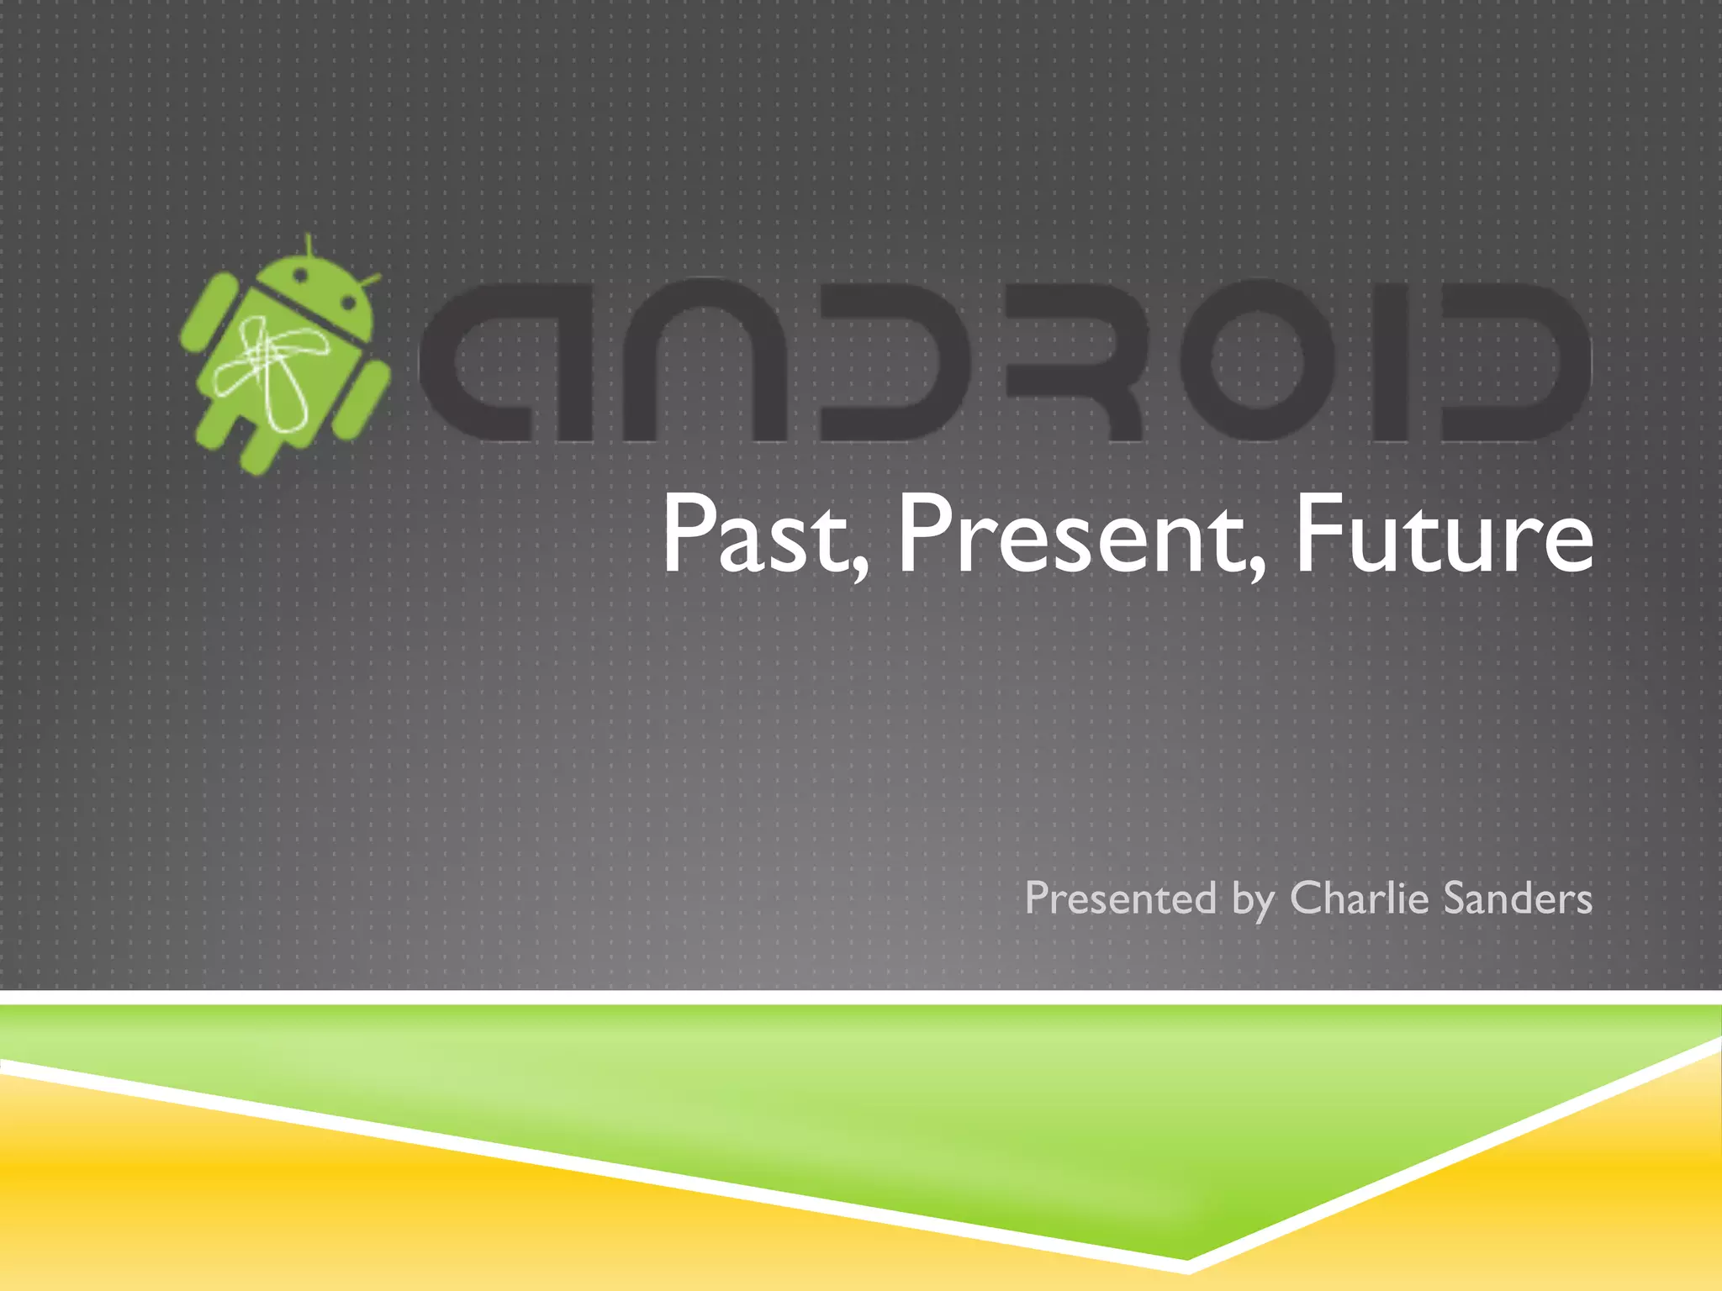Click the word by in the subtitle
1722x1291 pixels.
[x=1253, y=901]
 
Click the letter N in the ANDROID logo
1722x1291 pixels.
[x=702, y=361]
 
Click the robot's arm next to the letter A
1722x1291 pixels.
[x=363, y=401]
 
